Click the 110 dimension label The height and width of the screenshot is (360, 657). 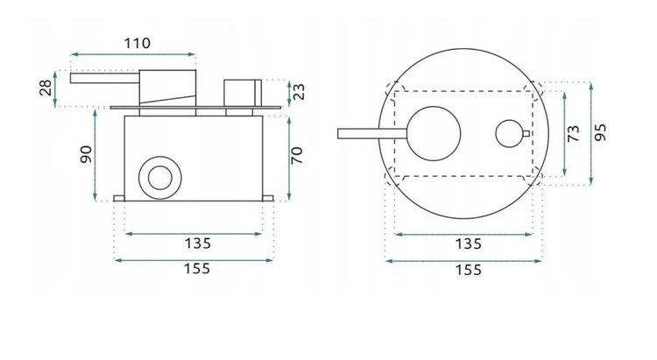point(137,42)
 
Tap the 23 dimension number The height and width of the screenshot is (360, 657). point(299,91)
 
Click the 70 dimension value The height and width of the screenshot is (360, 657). point(298,156)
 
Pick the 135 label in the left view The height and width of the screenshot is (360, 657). point(196,244)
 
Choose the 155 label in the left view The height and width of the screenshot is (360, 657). point(196,269)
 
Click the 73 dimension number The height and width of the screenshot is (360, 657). point(575,133)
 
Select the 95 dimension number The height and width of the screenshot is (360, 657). point(601,133)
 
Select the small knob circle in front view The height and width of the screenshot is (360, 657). point(508,134)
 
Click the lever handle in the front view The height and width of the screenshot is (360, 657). point(368,133)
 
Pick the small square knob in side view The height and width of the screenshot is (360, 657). point(242,93)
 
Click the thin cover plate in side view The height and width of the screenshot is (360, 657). point(197,108)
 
